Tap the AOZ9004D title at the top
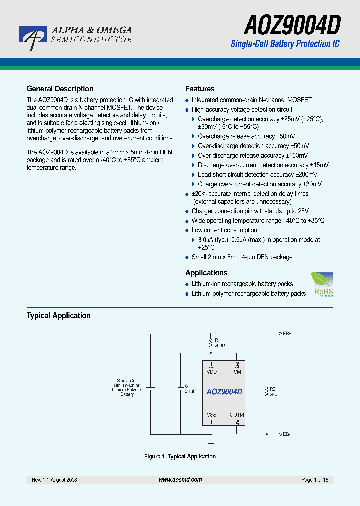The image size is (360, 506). (x=293, y=24)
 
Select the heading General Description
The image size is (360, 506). (x=60, y=89)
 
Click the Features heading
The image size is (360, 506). (x=200, y=89)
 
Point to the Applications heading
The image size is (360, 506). (x=206, y=273)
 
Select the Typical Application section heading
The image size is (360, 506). (x=58, y=316)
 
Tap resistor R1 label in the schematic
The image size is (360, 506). (x=217, y=340)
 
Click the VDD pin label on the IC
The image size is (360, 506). (x=211, y=372)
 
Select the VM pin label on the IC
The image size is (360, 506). (x=237, y=372)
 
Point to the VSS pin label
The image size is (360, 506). (x=211, y=415)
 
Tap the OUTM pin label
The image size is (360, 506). (x=237, y=415)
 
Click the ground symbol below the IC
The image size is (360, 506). (x=211, y=444)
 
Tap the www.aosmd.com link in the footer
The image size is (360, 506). (x=180, y=480)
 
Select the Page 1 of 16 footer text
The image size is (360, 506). (x=315, y=480)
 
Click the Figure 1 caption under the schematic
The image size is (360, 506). (x=180, y=456)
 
